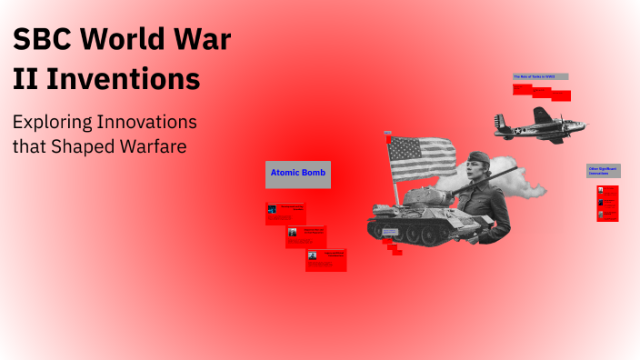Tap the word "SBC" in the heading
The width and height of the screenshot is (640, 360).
[42, 41]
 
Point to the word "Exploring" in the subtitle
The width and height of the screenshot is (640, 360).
[55, 121]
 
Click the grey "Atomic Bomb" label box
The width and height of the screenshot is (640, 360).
[298, 175]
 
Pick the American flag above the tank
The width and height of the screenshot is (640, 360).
[423, 157]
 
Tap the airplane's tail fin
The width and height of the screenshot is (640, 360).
[499, 120]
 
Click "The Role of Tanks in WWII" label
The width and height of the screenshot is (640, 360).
[540, 77]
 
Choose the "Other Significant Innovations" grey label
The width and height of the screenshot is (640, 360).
[604, 170]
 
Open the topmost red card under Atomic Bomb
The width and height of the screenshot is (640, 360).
[285, 213]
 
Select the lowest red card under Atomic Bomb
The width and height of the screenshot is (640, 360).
[325, 259]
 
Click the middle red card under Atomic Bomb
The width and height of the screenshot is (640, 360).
[305, 235]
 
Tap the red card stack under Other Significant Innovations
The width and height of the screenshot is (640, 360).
[607, 203]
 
